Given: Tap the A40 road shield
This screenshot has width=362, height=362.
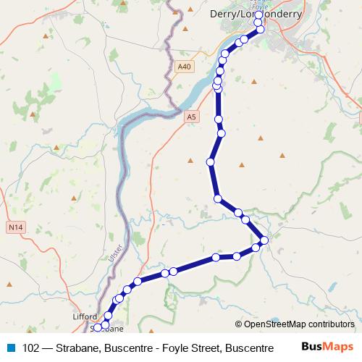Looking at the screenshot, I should [185, 67].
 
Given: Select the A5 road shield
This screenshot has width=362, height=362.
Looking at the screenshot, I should [191, 116].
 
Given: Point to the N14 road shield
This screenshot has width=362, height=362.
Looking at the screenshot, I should [16, 227].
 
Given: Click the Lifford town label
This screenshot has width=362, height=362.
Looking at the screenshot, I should [84, 316].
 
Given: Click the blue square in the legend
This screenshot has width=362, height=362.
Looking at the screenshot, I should [11, 348].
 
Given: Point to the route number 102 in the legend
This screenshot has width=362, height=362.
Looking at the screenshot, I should [32, 348].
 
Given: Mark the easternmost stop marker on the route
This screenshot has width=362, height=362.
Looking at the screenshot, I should [264, 240].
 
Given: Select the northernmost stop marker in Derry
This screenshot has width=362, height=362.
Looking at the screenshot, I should [258, 14].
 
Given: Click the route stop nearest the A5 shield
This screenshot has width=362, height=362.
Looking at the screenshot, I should [218, 119].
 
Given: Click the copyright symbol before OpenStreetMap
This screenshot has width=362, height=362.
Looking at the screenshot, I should [239, 325].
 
